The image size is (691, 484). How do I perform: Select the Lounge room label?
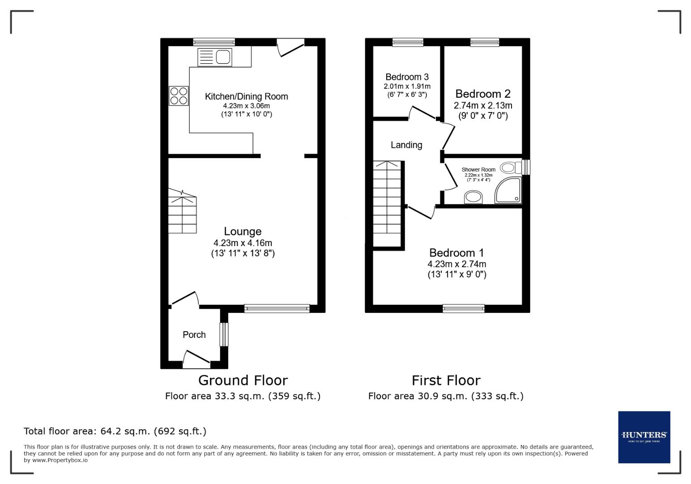243,231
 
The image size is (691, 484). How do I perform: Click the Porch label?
194,335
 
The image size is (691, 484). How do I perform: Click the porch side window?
224,334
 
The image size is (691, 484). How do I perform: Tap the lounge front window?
277,308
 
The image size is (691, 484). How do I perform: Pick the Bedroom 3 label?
407,77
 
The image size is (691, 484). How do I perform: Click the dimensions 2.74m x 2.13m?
483,106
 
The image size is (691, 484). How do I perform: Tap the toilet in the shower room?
511,168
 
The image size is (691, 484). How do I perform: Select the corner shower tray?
509,191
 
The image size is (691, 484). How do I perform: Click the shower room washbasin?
473,197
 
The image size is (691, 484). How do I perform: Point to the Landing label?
406,145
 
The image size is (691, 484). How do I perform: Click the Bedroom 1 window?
463,308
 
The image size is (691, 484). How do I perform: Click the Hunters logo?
644,437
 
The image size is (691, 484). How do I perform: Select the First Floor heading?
446,380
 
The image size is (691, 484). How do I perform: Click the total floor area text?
115,431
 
